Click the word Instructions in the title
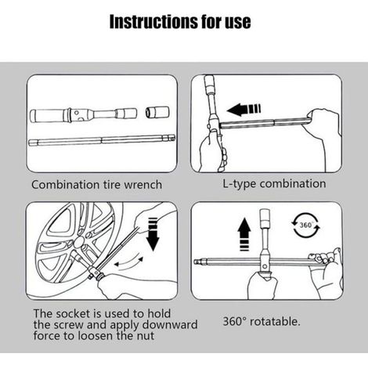pos(153,21)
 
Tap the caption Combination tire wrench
pos(96,185)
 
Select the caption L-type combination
pos(274,184)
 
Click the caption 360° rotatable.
pos(262,321)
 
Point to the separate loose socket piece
pos(157,112)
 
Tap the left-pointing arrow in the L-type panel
pos(244,109)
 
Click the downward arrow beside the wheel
pos(153,234)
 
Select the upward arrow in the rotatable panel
pos(244,234)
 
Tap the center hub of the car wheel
pos(79,243)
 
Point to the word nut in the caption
pos(146,336)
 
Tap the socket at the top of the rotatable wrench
pos(265,218)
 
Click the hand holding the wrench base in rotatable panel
pos(262,285)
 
